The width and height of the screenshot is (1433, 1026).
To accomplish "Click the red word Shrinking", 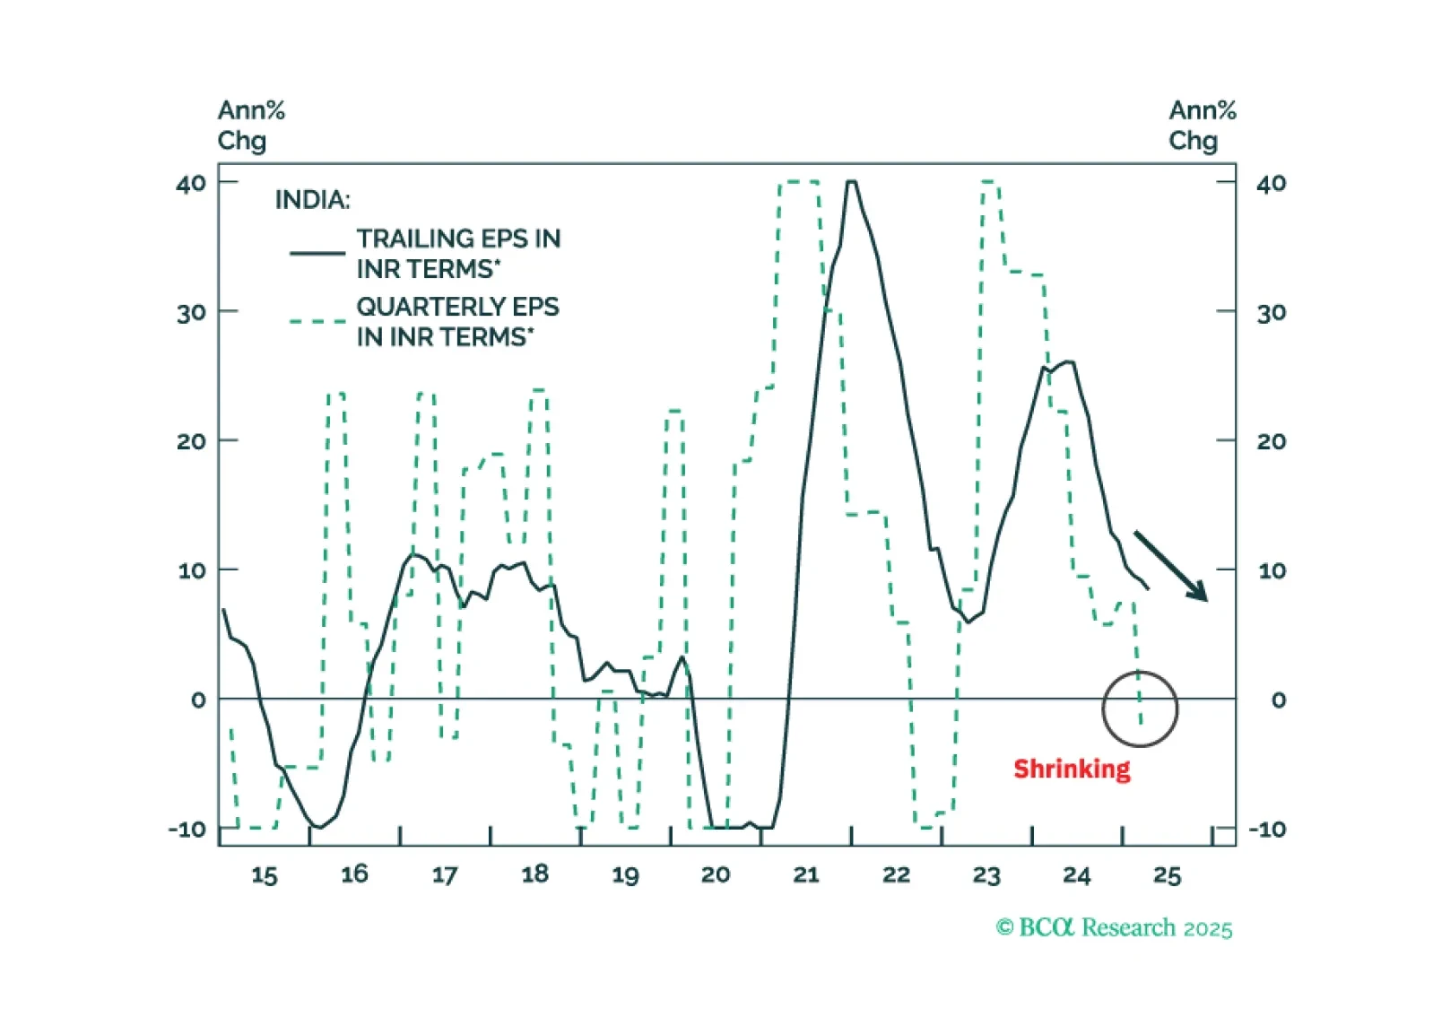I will pos(1072,769).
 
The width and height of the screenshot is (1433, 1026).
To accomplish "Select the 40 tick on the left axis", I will pos(191,184).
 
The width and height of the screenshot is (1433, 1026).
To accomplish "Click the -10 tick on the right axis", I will pos(1268,830).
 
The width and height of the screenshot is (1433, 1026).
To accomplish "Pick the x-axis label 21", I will pos(805,874).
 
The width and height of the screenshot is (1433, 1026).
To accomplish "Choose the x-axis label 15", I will pos(264,874).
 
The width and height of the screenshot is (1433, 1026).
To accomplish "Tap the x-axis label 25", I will pos(1167,874).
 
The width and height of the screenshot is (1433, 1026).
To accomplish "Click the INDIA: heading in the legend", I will pos(312,199).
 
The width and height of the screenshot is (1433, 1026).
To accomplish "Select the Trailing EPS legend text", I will pos(458,253).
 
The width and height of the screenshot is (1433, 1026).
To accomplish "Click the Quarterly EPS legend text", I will pos(457,321).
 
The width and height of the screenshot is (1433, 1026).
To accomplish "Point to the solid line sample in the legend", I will pos(317,253).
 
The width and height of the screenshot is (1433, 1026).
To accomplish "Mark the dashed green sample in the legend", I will pos(317,321).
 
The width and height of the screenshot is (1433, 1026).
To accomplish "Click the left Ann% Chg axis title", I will pos(250,126).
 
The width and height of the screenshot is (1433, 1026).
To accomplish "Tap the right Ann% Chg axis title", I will pos(1202,126).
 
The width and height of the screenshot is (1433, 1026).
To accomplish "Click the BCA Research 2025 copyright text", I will pos(1114,927).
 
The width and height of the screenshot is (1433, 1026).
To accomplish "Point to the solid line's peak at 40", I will pos(851,182).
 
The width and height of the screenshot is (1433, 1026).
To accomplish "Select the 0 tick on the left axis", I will pos(198,700).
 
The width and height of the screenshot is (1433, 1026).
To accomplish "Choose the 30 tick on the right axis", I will pos(1271,313).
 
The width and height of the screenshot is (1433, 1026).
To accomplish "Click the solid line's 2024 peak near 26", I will pos(1068,362).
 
